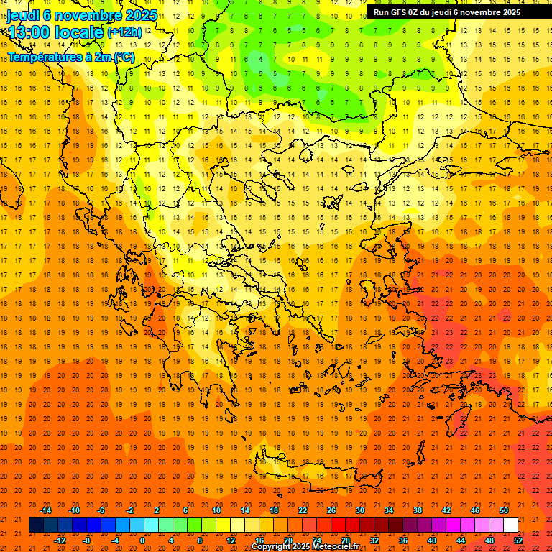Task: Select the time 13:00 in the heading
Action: point(28,32)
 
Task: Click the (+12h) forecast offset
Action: point(124,32)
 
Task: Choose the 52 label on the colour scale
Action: point(518,540)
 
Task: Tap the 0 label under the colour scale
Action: point(142,540)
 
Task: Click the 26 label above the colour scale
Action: point(331,510)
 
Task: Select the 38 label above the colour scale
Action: point(418,510)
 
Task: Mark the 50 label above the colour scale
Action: point(504,510)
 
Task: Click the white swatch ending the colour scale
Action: point(511,525)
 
